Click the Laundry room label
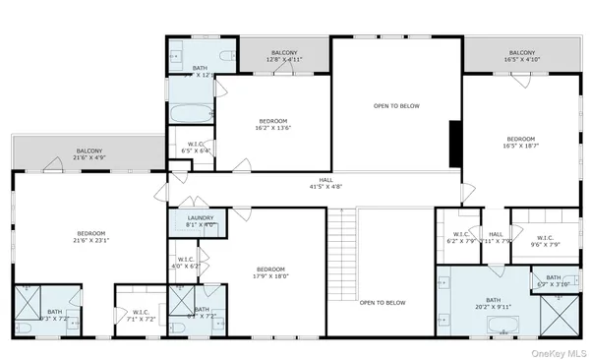[200, 222]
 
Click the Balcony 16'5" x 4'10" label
[522, 55]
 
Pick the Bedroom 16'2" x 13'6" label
[272, 124]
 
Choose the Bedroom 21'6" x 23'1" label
[90, 237]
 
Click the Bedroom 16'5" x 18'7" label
[520, 143]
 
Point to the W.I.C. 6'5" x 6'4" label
[205, 148]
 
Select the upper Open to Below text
[395, 104]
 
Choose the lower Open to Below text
[382, 303]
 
